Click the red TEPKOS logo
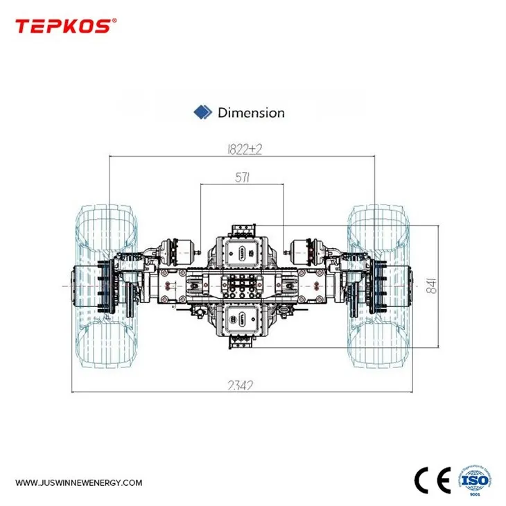[x=62, y=26]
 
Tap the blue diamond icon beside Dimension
[x=202, y=112]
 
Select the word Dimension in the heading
[x=251, y=112]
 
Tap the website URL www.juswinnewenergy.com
[x=79, y=482]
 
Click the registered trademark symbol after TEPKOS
[x=114, y=21]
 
